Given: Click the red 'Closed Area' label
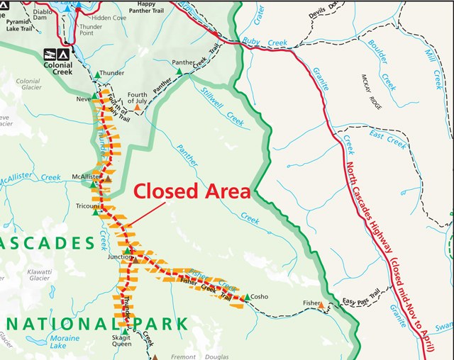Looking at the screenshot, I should tap(192, 191).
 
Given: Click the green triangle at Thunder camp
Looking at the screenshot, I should tap(96, 73).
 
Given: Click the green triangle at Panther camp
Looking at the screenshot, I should tap(179, 72).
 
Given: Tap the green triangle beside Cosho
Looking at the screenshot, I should tap(245, 298).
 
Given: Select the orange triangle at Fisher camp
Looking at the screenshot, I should tap(327, 305).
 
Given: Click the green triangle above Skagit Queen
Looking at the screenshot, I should tap(124, 331).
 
